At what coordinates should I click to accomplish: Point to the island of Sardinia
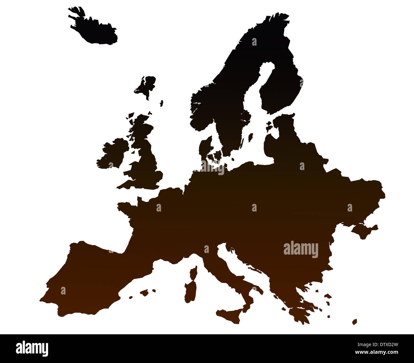[x=190, y=290]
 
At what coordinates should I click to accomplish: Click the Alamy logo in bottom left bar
[x=32, y=348]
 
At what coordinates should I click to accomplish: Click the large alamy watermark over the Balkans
[x=301, y=249]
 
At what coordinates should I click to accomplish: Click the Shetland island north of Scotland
[x=161, y=103]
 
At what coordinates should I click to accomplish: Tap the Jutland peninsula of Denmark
[x=205, y=150]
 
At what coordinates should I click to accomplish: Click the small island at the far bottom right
[x=354, y=322]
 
